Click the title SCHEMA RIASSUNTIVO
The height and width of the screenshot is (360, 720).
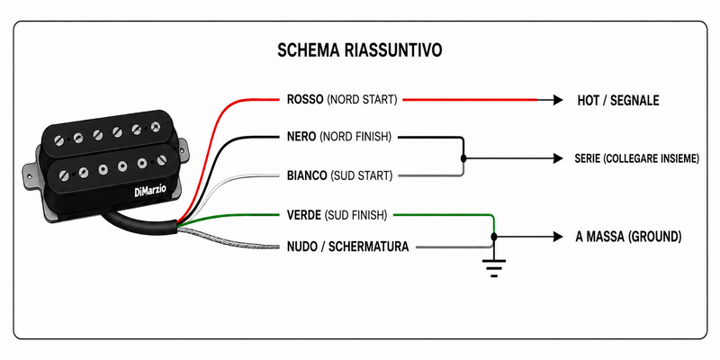pos(359,50)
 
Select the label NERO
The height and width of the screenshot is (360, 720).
pos(301,137)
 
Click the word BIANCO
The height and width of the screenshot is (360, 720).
pos(307,175)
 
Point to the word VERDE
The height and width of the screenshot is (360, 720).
pos(303,215)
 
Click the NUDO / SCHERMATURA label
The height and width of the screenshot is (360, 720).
pos(347,247)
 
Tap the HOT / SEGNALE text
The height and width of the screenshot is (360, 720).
pos(618,101)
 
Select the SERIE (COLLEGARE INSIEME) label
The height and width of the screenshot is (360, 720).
pos(637,159)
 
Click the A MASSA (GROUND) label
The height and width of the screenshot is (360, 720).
pos(628,237)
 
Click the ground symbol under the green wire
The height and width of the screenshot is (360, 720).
pos(493,267)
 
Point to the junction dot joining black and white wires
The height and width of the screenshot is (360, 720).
pos(463,158)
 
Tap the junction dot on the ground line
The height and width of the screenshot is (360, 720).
pos(494,237)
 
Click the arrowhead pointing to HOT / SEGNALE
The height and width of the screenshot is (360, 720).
pos(558,100)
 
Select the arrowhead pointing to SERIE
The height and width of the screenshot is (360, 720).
pos(558,158)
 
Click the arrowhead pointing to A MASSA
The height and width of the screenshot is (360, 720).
pos(558,237)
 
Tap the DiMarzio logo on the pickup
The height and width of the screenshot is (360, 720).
pos(150,190)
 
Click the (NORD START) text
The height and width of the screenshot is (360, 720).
pos(362,100)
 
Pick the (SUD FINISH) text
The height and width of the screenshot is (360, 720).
pos(355,215)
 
